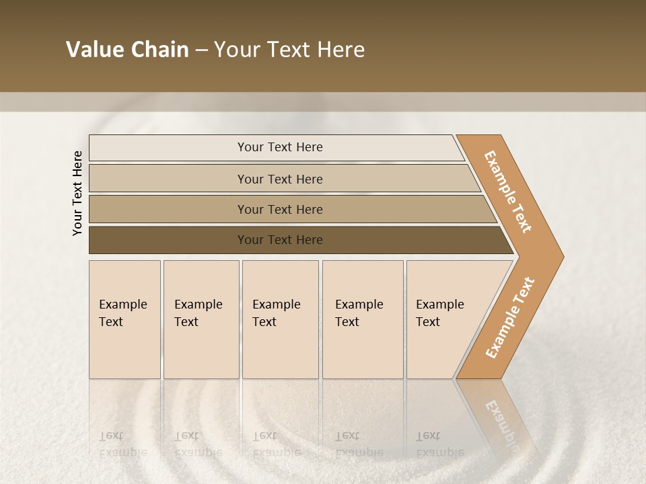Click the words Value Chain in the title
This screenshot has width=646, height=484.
(127, 50)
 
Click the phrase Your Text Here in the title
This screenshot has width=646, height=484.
(289, 50)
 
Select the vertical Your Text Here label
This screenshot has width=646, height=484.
(78, 193)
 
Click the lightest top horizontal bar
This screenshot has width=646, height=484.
(168, 148)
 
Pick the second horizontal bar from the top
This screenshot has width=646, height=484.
(168, 179)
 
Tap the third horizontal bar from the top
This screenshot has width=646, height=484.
(168, 209)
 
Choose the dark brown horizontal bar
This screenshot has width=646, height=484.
(168, 240)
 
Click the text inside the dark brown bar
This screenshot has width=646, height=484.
(280, 240)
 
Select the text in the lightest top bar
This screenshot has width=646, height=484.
(280, 147)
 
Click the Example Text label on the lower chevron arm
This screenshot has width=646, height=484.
(510, 318)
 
